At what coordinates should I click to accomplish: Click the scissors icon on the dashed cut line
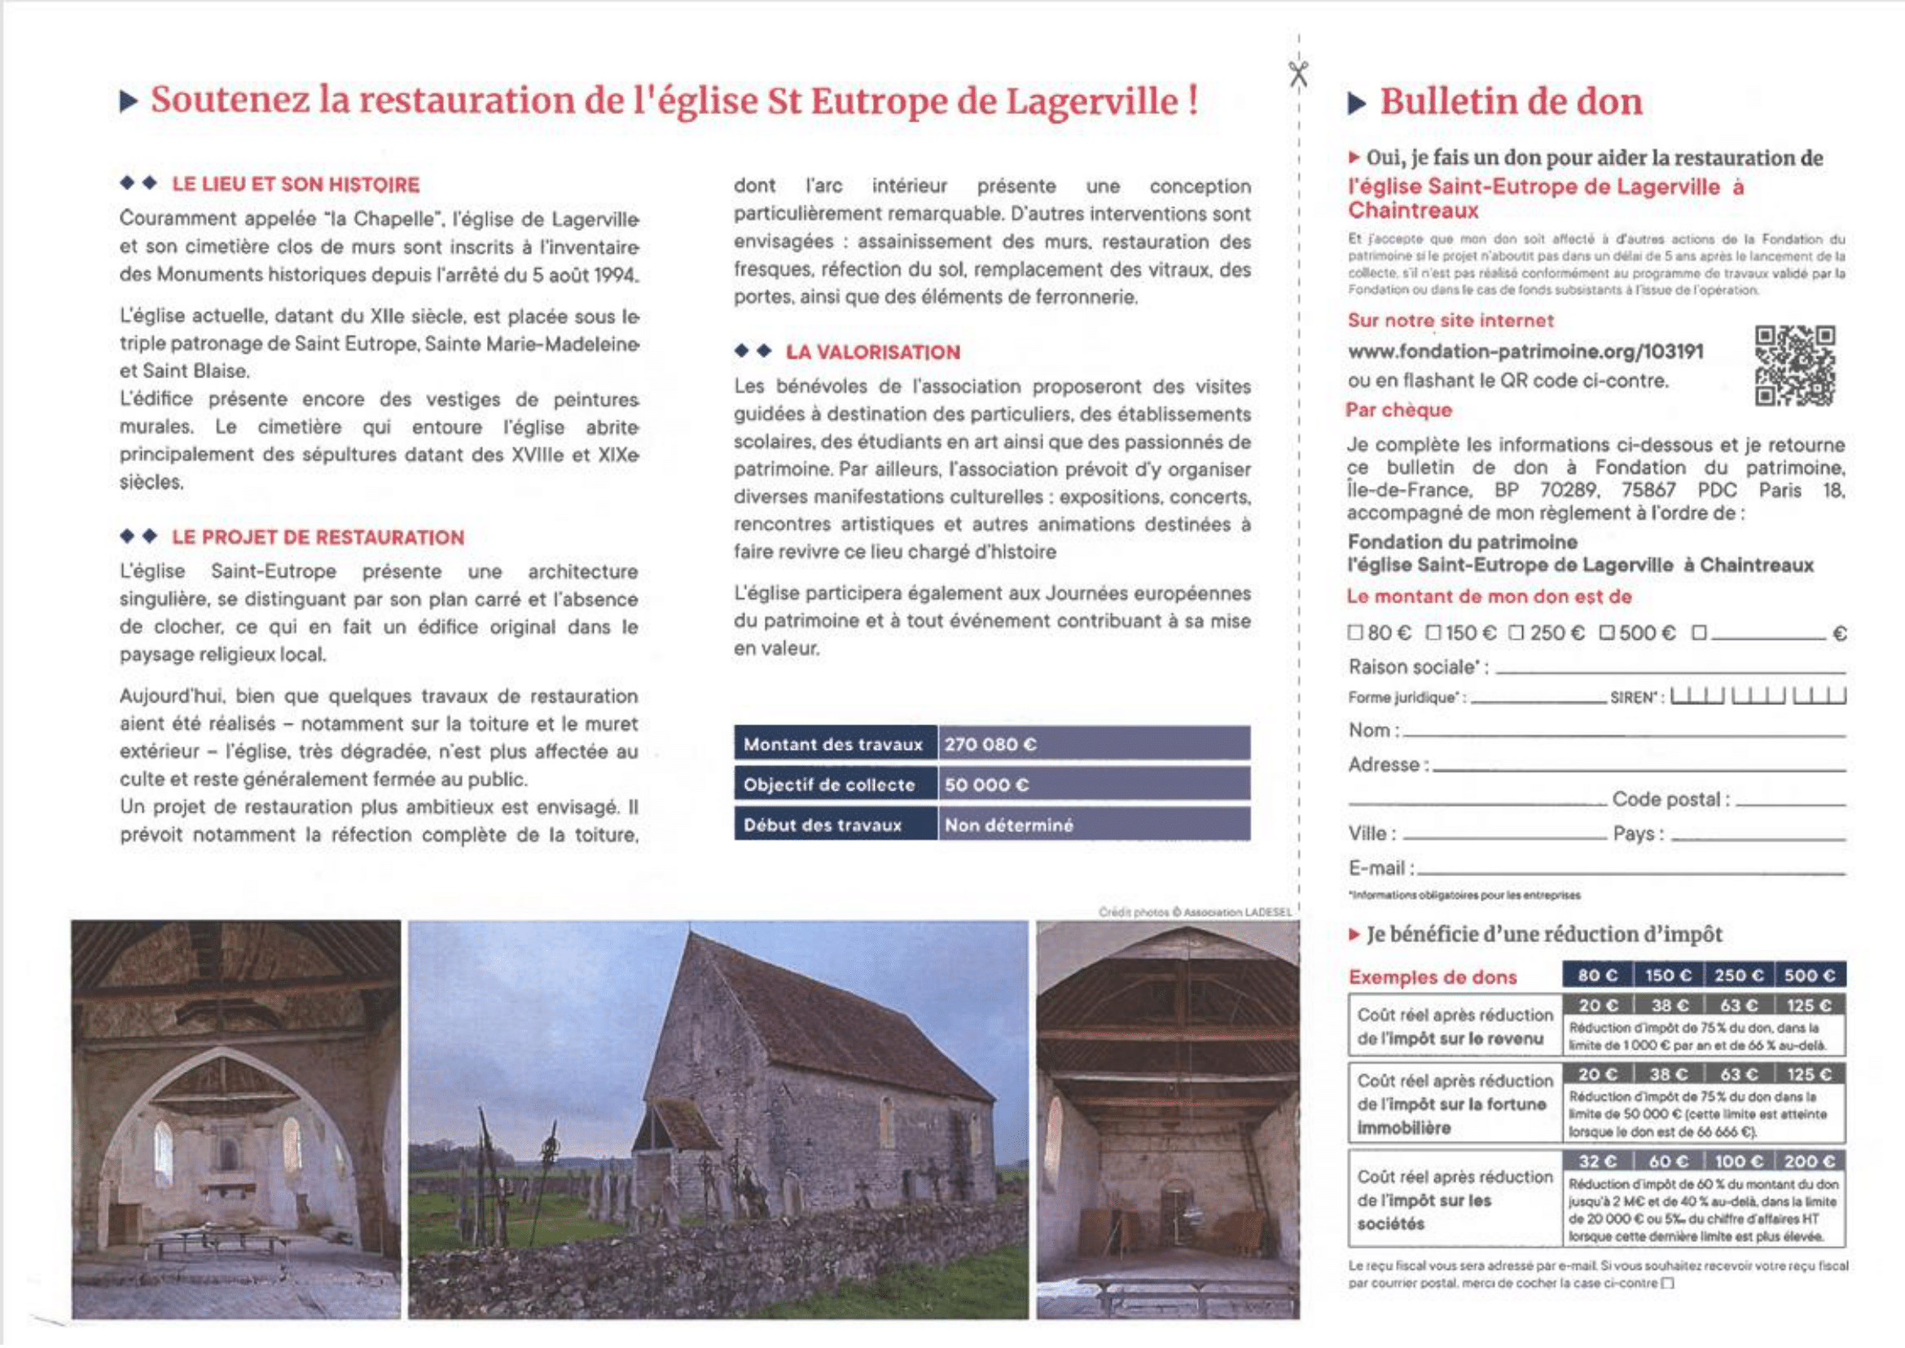coord(1298,74)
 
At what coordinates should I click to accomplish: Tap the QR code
coord(1795,365)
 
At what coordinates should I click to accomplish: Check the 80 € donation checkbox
coord(1355,633)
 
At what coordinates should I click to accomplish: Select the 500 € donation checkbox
coord(1607,633)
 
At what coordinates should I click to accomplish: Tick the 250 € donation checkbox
coord(1517,633)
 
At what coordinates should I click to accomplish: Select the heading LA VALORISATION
coord(872,352)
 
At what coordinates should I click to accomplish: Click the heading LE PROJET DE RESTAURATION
coord(318,537)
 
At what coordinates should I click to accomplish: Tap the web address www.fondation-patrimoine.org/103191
coord(1525,351)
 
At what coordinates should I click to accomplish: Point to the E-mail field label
coord(1376,868)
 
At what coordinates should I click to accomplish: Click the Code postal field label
coord(1670,800)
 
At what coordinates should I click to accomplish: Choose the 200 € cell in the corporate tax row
coord(1810,1161)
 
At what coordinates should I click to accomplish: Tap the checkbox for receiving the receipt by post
coord(1669,1284)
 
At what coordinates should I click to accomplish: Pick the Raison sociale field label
coord(1416,667)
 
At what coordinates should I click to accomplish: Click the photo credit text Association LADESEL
coord(1237,912)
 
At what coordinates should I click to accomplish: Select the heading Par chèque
coord(1399,410)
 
